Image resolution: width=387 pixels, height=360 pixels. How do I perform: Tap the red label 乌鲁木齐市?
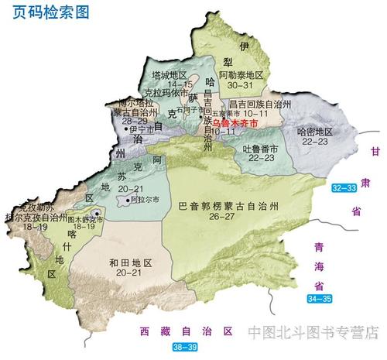[x=235, y=122]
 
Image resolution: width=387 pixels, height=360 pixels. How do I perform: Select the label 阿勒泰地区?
[x=241, y=76]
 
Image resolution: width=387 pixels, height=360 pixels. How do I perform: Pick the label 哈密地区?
[x=317, y=132]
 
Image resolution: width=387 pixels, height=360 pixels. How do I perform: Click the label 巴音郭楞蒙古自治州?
[x=228, y=206]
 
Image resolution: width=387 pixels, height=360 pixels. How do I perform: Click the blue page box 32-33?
[x=343, y=188]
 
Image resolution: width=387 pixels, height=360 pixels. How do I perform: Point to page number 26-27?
[x=228, y=217]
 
